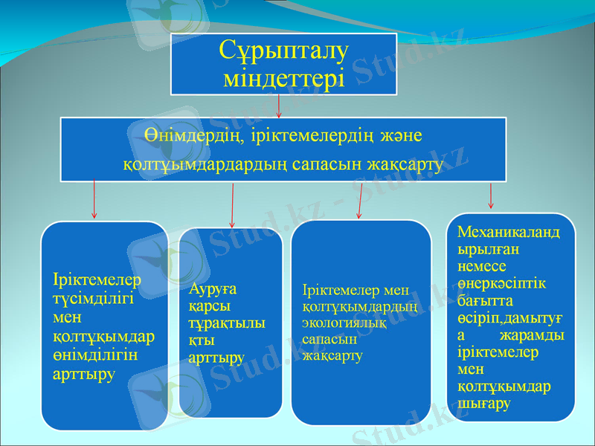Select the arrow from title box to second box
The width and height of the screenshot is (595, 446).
pyautogui.click(x=278, y=106)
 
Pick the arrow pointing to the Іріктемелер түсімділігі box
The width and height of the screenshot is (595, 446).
pyautogui.click(x=94, y=198)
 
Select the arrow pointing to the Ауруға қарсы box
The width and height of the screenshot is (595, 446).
pyautogui.click(x=233, y=206)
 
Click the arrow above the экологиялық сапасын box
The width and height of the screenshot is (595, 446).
pyautogui.click(x=360, y=201)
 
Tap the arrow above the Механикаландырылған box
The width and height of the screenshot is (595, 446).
pyautogui.click(x=491, y=195)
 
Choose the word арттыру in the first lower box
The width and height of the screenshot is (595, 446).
pyautogui.click(x=84, y=374)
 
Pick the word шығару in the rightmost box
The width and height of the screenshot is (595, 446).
pyautogui.click(x=483, y=404)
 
